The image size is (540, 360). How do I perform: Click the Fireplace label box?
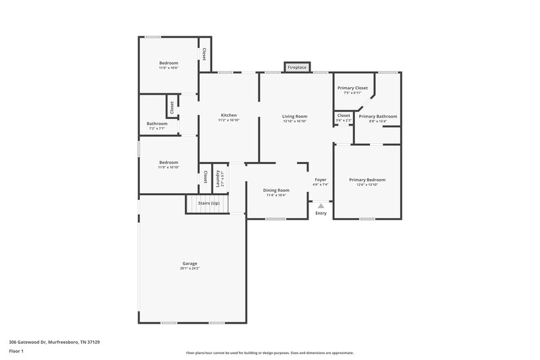pos(297,68)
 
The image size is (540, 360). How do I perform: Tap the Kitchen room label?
pos(229,116)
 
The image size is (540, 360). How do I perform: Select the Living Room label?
pos(294,116)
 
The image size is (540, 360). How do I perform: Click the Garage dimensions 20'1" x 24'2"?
pos(190,268)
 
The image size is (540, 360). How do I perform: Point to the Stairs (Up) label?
pos(208,203)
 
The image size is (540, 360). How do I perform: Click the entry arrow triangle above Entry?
pos(321,205)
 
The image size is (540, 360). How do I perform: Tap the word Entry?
pos(321,214)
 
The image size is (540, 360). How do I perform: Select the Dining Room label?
pos(276,190)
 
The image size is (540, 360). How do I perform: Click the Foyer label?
pos(321,180)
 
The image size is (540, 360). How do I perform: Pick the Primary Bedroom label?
pos(367,180)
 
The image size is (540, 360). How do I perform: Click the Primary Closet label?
pos(352,88)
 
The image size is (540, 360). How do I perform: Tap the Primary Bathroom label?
pos(378,116)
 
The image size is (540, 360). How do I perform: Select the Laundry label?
pos(218,178)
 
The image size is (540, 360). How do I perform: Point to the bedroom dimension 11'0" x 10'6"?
pos(168,68)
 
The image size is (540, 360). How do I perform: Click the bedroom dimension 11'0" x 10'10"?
pos(168,167)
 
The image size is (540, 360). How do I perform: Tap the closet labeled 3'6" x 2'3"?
pos(344,120)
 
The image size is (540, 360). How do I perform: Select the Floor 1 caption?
pos(16,351)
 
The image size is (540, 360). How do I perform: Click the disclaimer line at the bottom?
pos(270,353)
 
